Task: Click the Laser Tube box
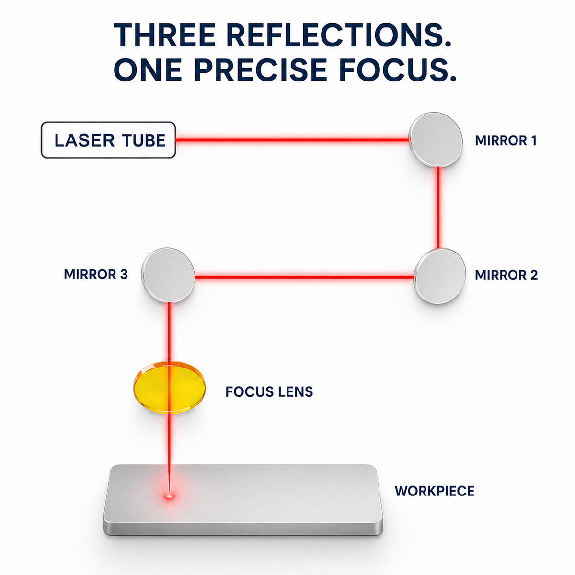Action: pos(108,139)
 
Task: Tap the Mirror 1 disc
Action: pos(436,139)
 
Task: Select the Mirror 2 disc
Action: pos(440,276)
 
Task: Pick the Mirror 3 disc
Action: pos(168,275)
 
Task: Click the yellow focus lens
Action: pos(169,388)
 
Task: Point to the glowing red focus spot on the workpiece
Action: pos(170,496)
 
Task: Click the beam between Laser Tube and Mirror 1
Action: pos(292,139)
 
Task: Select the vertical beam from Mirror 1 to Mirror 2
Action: pos(438,208)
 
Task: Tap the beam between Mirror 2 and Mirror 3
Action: pos(304,277)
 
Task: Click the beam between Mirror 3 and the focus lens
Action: pos(169,333)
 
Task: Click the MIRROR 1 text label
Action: pos(506,140)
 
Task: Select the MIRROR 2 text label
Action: pos(506,275)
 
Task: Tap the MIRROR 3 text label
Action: pos(96,274)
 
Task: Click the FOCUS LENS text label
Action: pos(269,391)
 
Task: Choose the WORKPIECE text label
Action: pos(435,491)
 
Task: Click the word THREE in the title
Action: pos(164,34)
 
